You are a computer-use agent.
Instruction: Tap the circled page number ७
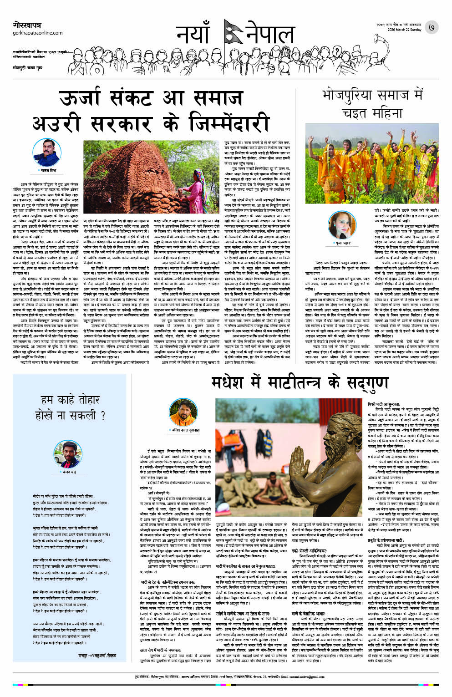431,28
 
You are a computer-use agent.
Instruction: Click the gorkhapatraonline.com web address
38,33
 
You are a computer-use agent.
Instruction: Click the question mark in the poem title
103,415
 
